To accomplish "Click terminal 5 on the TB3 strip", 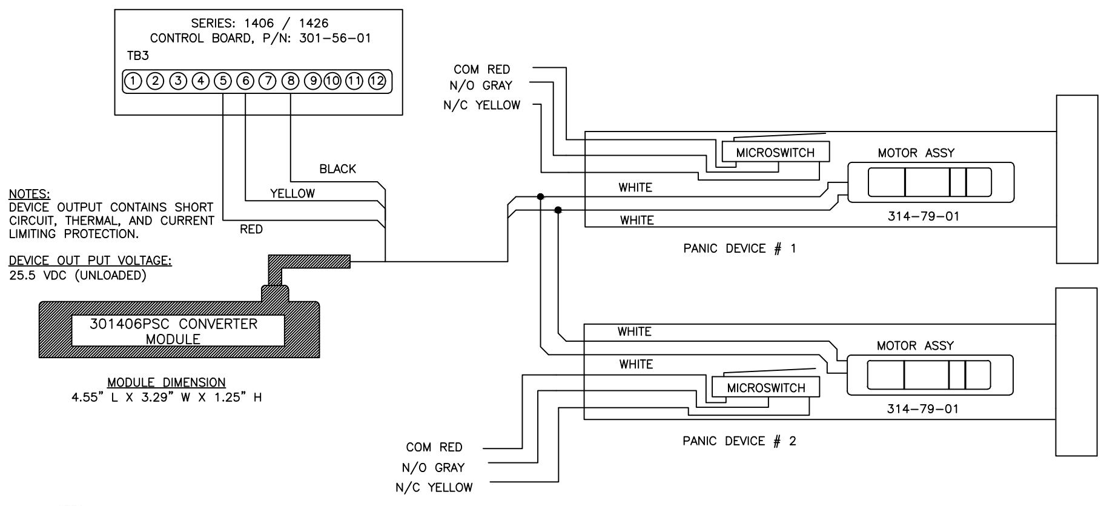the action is (223, 81).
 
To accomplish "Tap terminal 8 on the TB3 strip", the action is (291, 81).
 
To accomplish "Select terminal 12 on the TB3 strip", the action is (377, 81).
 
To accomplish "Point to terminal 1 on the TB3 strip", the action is (133, 81).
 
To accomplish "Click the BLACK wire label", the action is (338, 169).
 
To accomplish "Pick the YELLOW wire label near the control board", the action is (293, 194).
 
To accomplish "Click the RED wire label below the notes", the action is (251, 229).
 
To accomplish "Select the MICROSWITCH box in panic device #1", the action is (776, 151).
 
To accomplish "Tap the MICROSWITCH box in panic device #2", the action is (766, 387).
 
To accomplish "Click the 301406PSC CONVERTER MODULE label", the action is (173, 331).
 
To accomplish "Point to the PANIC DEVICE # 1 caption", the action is (739, 248).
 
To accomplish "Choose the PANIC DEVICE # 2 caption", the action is (739, 441).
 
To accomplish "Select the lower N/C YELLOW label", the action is (434, 488).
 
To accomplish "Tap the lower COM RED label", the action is (434, 447).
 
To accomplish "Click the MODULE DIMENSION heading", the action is (167, 382).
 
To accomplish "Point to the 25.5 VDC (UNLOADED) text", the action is (78, 275).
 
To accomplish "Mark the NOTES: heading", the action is (30, 195).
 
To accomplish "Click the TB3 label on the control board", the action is (138, 56).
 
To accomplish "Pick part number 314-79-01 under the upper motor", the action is (924, 216).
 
